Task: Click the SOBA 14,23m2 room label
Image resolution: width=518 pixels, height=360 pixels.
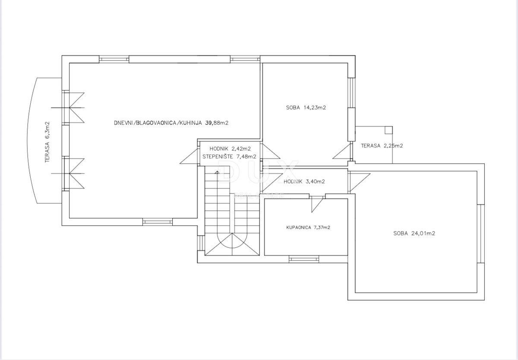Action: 306,107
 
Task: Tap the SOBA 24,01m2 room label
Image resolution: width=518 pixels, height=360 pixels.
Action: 414,234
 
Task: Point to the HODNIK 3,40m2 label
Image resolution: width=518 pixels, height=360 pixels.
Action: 304,181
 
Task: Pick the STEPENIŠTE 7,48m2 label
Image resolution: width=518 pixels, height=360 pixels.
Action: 229,157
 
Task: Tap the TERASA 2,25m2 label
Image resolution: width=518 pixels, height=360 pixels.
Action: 382,146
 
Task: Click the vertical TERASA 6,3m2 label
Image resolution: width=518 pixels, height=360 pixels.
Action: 47,142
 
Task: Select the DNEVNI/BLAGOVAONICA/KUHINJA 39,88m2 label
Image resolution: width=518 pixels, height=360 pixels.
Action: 171,123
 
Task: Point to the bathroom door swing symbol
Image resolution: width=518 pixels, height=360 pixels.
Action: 317,203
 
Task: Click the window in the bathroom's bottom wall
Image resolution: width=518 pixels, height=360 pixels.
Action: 303,259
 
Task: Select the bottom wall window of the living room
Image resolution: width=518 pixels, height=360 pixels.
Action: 158,222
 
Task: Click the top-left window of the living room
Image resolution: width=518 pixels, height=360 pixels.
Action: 114,59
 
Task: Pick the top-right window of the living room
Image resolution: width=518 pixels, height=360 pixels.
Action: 244,59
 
